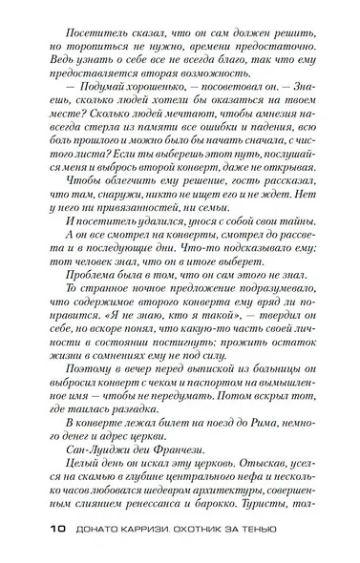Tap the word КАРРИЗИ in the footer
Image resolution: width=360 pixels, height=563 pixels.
[147, 530]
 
